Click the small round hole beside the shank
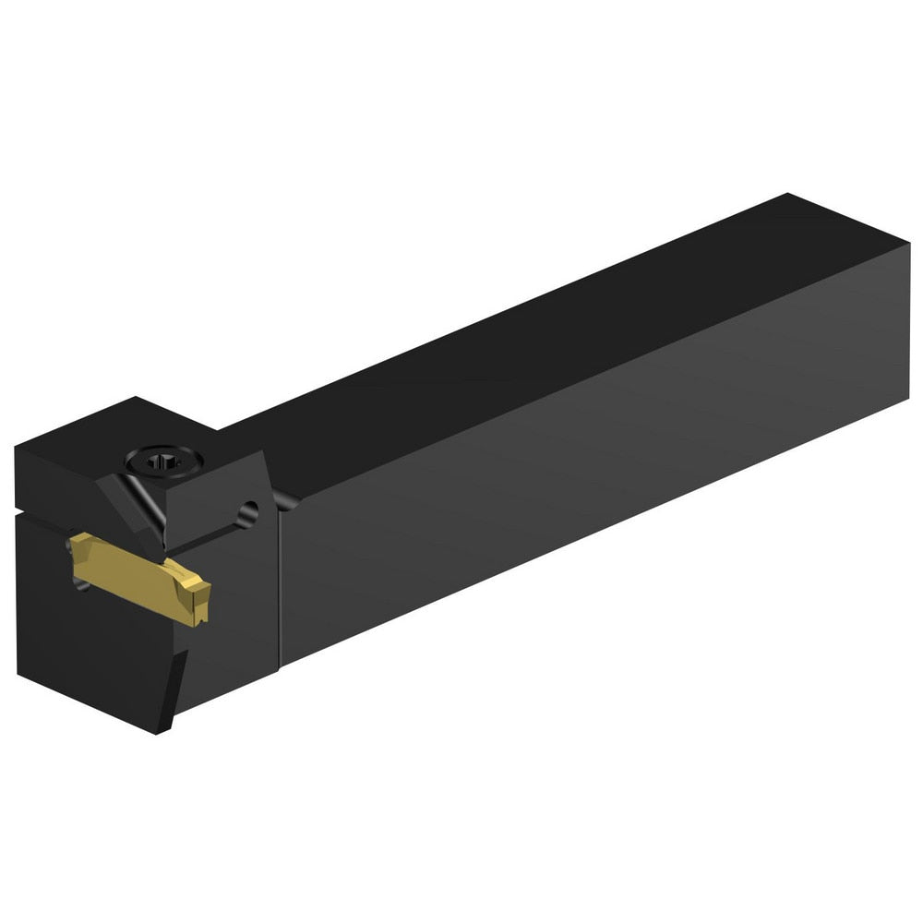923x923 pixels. point(247,509)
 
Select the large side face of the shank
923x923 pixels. point(591,443)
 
